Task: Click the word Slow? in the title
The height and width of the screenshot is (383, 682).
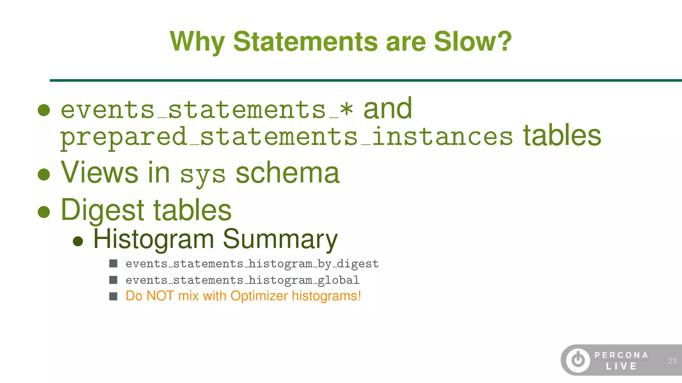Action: click(473, 42)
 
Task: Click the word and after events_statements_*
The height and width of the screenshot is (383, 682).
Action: click(388, 109)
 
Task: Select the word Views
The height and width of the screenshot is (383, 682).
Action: click(99, 173)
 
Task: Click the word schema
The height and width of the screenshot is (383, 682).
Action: click(287, 173)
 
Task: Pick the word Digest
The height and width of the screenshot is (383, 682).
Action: click(103, 210)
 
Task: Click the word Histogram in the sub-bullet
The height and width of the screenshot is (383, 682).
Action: click(154, 239)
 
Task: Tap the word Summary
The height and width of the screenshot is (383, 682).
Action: click(280, 239)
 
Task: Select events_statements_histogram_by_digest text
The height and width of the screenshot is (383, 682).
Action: click(252, 264)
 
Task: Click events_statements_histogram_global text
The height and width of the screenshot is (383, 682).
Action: click(242, 280)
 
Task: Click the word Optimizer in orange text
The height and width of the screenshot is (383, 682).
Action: click(259, 296)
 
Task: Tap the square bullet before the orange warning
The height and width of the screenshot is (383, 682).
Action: click(113, 296)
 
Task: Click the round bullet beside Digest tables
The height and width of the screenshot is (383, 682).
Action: click(44, 211)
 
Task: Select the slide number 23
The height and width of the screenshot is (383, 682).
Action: click(672, 361)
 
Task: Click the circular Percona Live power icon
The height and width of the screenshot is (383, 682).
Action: click(578, 360)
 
